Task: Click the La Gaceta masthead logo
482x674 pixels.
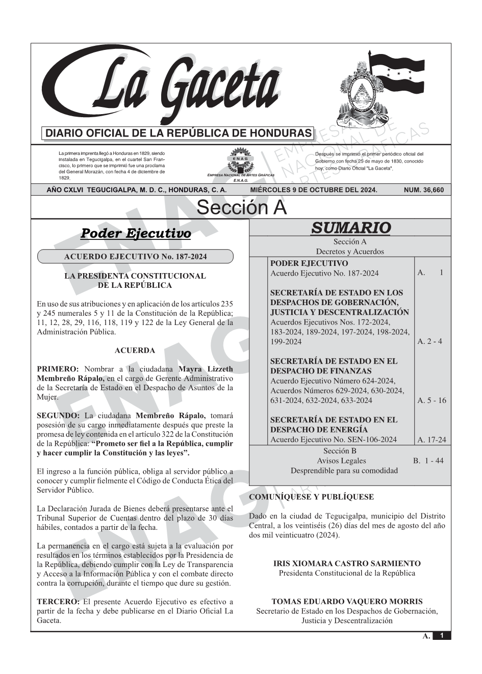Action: click(163, 84)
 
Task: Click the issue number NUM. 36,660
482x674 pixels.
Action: click(423, 190)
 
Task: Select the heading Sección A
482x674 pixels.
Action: click(241, 208)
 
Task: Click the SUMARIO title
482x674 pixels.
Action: click(350, 228)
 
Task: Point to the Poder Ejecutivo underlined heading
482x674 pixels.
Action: click(136, 234)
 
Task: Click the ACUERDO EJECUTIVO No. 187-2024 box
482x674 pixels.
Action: click(135, 257)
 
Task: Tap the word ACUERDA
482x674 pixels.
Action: click(135, 351)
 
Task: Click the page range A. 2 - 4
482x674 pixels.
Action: click(429, 341)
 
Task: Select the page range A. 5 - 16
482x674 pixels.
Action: click(432, 400)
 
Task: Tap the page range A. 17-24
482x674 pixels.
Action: click(432, 440)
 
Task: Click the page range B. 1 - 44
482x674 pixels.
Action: click(428, 461)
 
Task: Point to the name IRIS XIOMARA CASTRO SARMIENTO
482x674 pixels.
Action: click(347, 563)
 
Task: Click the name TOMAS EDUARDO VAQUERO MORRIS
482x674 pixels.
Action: click(347, 602)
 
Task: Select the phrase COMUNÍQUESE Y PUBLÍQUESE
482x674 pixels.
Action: click(311, 497)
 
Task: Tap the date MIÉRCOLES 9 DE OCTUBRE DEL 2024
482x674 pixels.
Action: click(314, 190)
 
